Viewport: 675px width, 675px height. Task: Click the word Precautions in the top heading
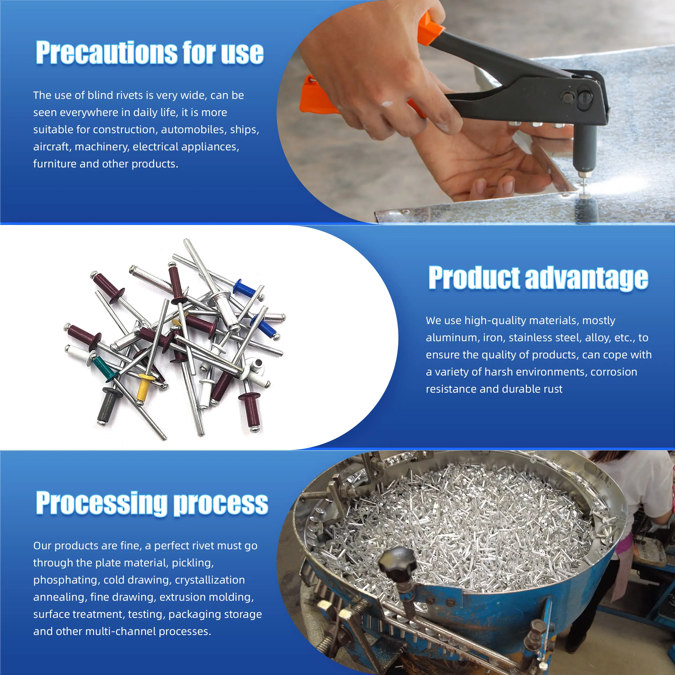click(107, 53)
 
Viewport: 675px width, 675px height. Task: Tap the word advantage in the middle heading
click(587, 278)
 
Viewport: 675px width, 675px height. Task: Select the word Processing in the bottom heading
click(102, 504)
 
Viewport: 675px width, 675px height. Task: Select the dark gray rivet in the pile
click(107, 405)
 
